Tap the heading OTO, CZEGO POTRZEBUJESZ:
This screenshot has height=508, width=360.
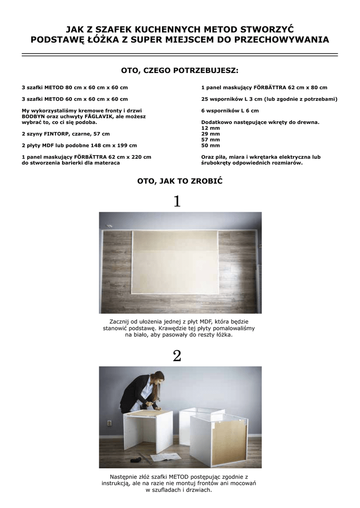click(x=180, y=70)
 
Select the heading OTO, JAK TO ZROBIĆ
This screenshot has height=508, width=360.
click(x=180, y=182)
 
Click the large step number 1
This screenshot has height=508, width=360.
click(x=177, y=201)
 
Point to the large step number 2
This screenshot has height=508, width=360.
click(x=177, y=356)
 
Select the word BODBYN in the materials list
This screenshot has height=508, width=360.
click(x=33, y=116)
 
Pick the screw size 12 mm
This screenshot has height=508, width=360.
click(x=211, y=128)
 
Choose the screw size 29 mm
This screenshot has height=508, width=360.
click(x=211, y=134)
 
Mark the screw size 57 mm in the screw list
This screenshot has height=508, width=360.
click(x=211, y=140)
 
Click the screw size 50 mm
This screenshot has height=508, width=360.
click(x=211, y=146)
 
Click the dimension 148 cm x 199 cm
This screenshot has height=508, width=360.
click(x=113, y=145)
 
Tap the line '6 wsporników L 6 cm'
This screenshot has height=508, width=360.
click(x=230, y=111)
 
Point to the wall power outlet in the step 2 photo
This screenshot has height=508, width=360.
click(x=109, y=424)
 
